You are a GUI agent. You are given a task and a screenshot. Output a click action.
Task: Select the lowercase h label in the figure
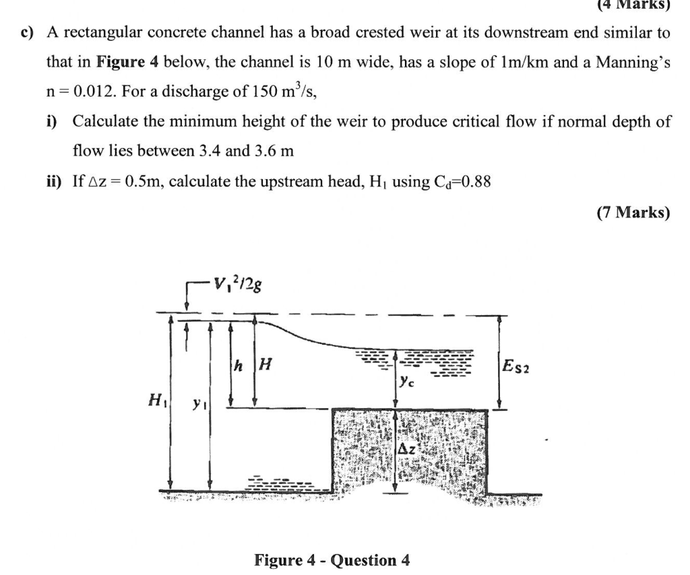click(x=237, y=367)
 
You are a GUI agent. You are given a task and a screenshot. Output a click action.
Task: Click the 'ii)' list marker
click(x=55, y=182)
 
